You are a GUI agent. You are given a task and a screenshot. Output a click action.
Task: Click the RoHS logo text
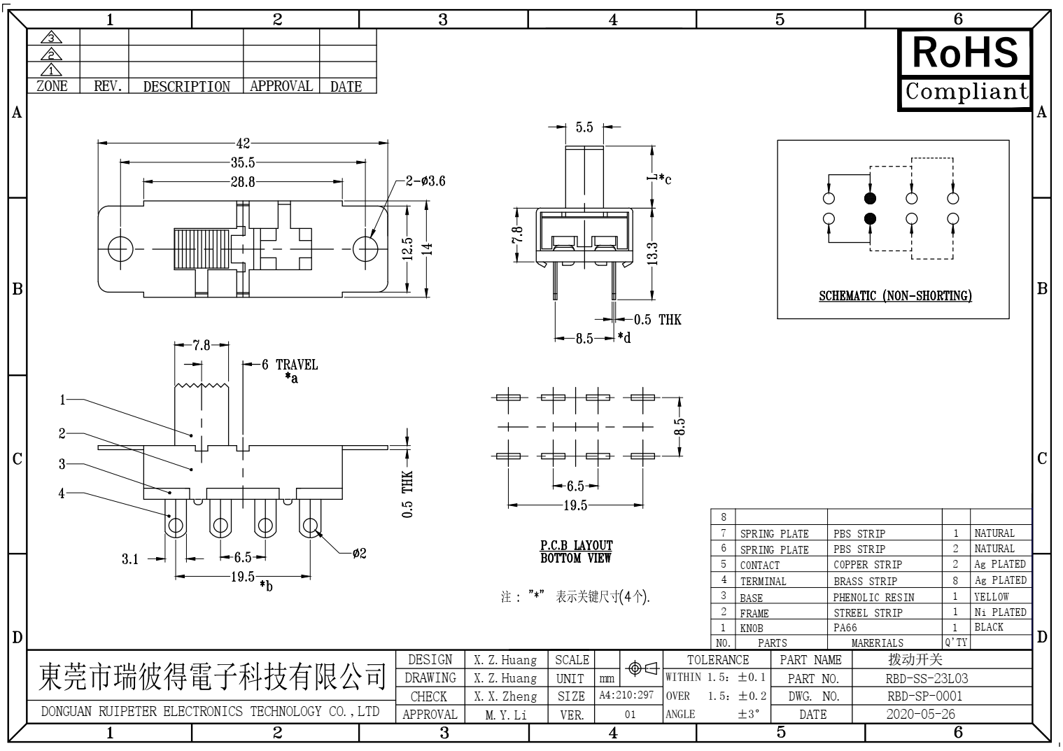point(964,52)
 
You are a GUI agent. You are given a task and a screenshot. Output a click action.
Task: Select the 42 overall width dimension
point(243,143)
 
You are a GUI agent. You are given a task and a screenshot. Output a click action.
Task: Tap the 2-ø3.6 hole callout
point(425,181)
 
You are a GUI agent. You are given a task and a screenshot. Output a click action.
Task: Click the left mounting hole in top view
point(120,249)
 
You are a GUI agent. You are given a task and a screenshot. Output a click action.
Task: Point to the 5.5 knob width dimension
point(584,127)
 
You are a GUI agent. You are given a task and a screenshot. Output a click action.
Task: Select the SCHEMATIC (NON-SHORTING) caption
point(895,296)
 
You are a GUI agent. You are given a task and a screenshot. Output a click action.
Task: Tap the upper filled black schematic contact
point(870,197)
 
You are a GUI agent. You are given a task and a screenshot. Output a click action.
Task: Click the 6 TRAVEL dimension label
point(289,365)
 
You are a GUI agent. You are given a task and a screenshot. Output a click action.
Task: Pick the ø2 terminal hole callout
point(358,554)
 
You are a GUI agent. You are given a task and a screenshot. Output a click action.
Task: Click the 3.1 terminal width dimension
point(130,559)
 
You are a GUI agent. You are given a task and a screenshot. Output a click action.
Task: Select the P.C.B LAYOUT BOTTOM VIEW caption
point(576,552)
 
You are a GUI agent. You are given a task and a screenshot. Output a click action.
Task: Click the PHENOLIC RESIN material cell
point(873,597)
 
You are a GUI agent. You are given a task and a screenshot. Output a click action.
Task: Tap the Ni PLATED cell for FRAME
point(1000,612)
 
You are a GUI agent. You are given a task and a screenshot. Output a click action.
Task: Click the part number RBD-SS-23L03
point(927,678)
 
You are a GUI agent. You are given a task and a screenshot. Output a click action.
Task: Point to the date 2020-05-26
point(920,715)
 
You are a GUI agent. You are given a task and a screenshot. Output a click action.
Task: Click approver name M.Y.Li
point(506,715)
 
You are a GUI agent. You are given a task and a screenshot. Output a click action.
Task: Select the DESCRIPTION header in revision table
point(186,87)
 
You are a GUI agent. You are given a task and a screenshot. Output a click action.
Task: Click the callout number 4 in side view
point(62,493)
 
